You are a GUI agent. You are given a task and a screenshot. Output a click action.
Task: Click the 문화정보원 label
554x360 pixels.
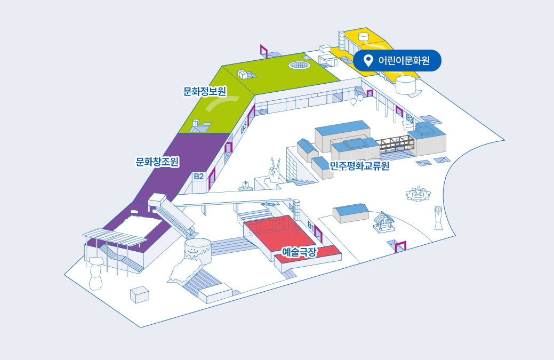click(205, 91)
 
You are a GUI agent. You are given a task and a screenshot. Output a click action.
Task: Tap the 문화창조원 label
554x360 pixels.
click(157, 161)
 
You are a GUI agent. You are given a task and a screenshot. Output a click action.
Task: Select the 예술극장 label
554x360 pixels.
click(299, 251)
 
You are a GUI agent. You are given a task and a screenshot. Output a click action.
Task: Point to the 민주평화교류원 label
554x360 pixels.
click(360, 166)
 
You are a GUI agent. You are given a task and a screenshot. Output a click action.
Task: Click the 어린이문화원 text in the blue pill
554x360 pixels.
click(404, 61)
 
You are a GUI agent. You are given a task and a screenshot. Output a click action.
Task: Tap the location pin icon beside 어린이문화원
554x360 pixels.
click(367, 61)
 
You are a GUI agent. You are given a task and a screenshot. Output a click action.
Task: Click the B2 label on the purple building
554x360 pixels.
click(199, 176)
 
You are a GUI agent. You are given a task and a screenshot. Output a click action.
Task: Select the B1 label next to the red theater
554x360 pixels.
click(311, 226)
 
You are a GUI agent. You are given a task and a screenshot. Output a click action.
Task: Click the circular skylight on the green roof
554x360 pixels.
click(300, 65)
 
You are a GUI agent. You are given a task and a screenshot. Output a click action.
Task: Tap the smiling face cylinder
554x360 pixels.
click(197, 248)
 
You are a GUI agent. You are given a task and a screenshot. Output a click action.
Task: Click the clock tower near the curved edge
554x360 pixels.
click(438, 217)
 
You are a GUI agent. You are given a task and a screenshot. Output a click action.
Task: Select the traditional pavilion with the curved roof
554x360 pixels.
click(383, 222)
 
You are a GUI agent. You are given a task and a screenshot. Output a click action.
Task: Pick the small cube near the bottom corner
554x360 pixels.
click(140, 294)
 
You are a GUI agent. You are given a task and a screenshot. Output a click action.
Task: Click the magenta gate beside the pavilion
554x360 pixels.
click(400, 246)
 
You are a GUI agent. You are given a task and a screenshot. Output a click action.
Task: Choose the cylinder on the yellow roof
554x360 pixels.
click(364, 37)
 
